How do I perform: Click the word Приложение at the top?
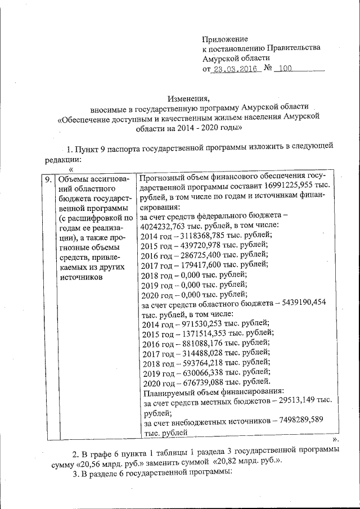click(x=225, y=38)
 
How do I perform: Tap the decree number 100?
click(x=285, y=69)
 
